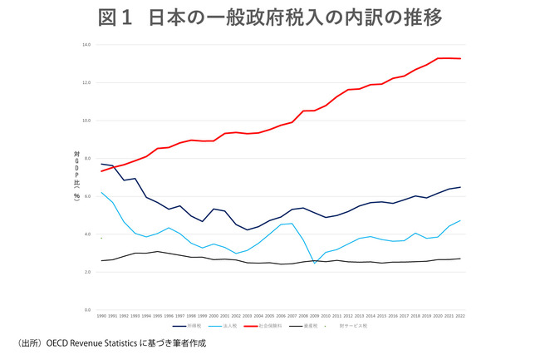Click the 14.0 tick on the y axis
point(86,44)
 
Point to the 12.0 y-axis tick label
point(86,82)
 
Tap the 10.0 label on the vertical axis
point(86,121)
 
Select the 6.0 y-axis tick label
point(86,196)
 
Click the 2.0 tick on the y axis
point(86,272)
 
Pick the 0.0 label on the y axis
point(86,310)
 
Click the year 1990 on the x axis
point(101,317)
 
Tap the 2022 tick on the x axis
point(461,317)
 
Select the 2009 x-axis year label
point(315,317)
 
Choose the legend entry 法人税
point(244,326)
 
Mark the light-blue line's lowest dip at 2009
point(315,264)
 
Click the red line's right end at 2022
point(461,59)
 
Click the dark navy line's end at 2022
point(461,187)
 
